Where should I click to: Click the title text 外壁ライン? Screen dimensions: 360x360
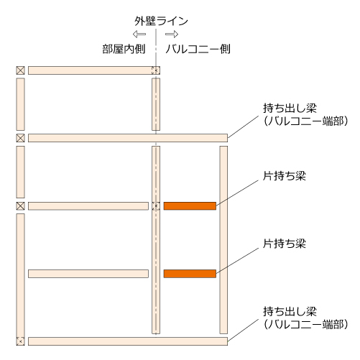click(161, 21)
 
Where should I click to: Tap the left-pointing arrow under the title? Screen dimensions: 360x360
click(139, 34)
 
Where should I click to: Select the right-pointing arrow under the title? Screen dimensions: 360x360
click(172, 34)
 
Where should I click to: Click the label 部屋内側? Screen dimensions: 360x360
click(124, 49)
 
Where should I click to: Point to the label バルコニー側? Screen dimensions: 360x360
click(198, 49)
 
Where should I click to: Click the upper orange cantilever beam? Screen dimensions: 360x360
click(190, 206)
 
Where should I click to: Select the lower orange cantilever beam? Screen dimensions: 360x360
click(190, 274)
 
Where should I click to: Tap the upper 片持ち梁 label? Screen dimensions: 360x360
click(285, 176)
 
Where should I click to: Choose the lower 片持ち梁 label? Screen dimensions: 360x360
click(285, 244)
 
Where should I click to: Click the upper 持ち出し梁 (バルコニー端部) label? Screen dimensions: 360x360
click(305, 114)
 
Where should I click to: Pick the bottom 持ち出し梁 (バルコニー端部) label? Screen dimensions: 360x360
click(305, 318)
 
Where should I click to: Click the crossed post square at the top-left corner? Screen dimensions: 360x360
click(20, 70)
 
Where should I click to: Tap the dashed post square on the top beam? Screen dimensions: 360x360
click(156, 70)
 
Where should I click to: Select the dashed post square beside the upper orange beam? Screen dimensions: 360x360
click(156, 206)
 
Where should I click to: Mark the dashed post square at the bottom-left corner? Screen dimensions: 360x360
click(20, 341)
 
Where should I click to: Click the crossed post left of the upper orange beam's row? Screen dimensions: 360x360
click(20, 206)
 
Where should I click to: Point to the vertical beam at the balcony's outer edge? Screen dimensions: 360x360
click(223, 240)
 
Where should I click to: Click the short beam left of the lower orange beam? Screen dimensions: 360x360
click(88, 274)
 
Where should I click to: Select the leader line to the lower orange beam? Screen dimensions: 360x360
click(237, 261)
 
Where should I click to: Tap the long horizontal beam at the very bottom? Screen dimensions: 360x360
click(128, 341)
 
